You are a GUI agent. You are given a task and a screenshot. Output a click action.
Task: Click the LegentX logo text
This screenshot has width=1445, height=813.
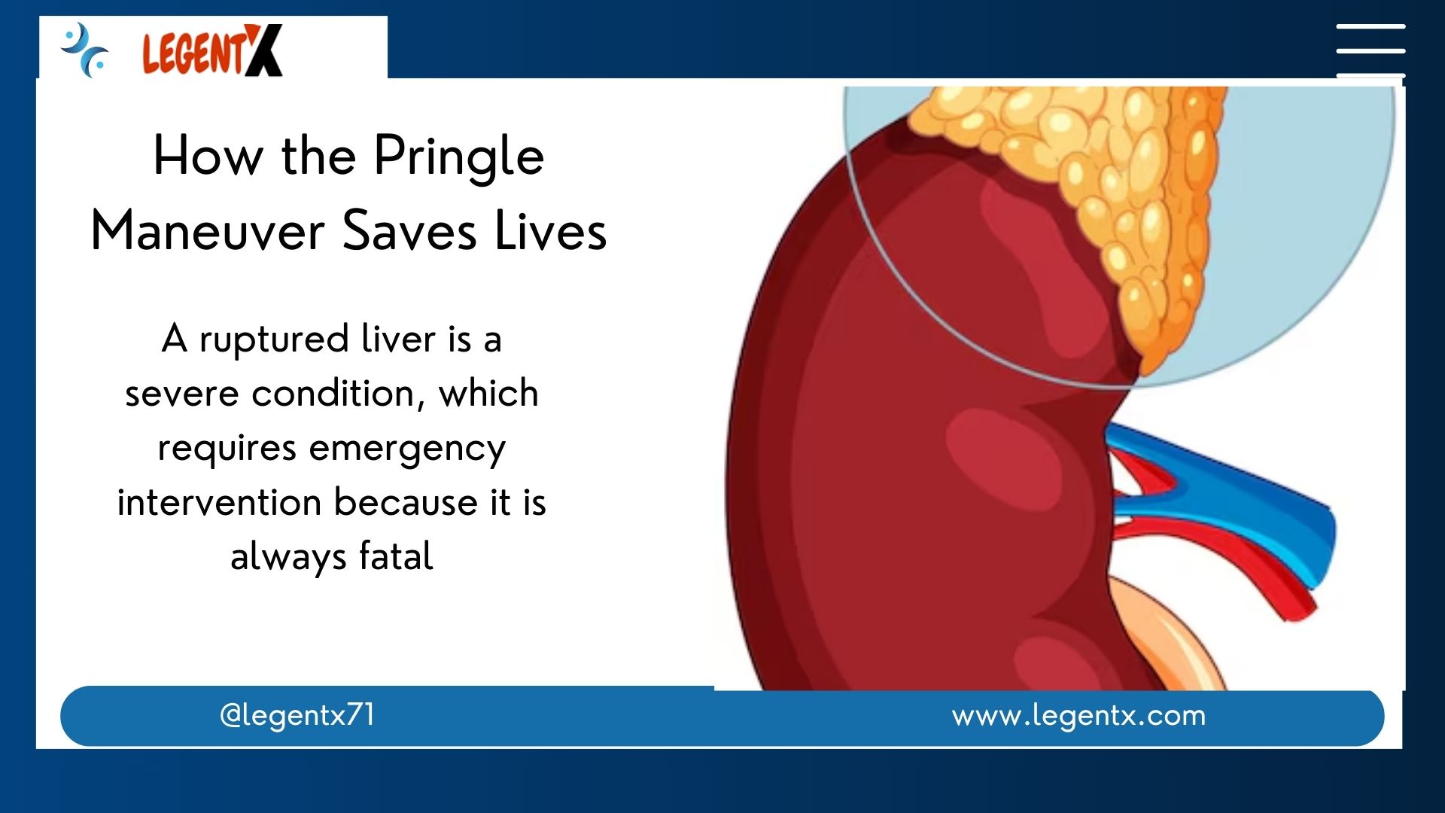tap(212, 50)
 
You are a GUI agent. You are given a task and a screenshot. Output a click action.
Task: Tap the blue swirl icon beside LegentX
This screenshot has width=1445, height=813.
tap(84, 50)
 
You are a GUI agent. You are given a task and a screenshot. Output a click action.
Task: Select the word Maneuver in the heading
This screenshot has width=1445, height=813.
tap(208, 230)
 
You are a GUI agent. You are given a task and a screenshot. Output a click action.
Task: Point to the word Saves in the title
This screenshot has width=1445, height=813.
tap(410, 230)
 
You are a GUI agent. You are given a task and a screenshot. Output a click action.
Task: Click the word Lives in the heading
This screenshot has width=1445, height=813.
tap(551, 230)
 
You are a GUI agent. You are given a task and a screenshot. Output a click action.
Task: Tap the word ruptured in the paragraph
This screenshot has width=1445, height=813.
tap(274, 341)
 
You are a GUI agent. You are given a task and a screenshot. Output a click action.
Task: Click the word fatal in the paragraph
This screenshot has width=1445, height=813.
tap(396, 556)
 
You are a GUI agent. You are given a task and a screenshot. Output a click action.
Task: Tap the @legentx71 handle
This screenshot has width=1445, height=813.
tap(297, 715)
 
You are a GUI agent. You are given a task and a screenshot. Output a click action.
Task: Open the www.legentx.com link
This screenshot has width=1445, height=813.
tap(1078, 715)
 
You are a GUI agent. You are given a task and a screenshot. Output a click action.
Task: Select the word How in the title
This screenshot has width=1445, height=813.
tap(208, 157)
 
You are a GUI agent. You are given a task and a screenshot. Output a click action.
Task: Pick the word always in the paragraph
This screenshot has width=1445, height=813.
tap(288, 558)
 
